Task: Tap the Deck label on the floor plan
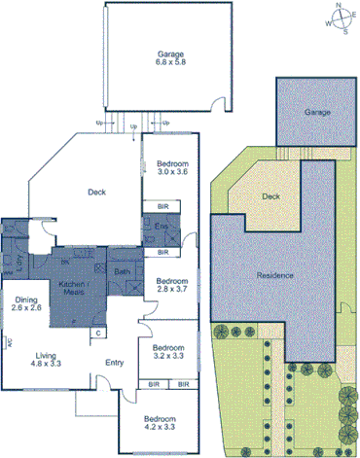96,193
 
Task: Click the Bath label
123,272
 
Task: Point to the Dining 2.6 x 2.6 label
26,303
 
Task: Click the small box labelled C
97,333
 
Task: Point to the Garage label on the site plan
318,113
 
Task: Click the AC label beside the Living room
9,342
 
